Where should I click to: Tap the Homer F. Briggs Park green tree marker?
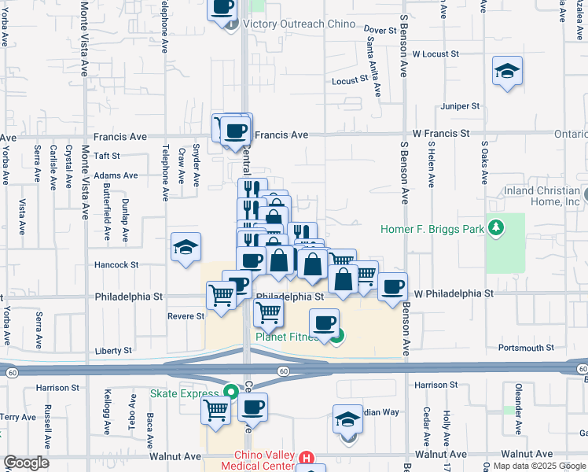pos(495,229)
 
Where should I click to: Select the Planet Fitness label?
pos(288,337)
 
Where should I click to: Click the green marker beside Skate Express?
pos(230,391)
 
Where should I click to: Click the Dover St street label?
pos(379,30)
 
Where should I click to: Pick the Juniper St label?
pos(461,105)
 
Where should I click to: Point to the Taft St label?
pos(106,157)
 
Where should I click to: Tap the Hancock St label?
pos(117,265)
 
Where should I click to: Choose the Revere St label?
pos(186,316)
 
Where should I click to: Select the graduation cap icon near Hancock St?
pos(186,248)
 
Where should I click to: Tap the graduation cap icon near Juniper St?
pos(508,72)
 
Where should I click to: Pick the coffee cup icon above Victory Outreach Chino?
pos(222,7)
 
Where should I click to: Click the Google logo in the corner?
pos(26,463)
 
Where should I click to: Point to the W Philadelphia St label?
pos(454,293)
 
